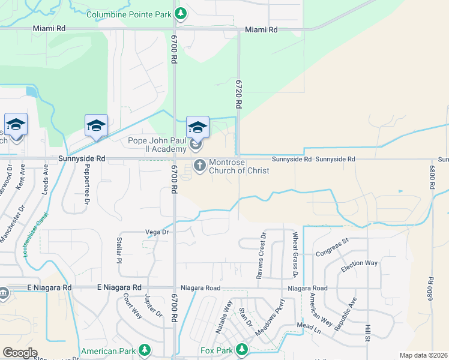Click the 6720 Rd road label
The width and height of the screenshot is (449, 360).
pos(238,94)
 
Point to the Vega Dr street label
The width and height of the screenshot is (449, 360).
pos(158,232)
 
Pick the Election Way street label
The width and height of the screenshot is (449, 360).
pos(359,266)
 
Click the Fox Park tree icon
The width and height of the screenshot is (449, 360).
pos(241,349)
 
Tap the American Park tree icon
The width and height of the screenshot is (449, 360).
pos(144,349)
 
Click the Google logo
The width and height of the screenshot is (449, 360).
pos(19,353)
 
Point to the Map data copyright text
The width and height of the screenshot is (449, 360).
pos(423,355)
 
